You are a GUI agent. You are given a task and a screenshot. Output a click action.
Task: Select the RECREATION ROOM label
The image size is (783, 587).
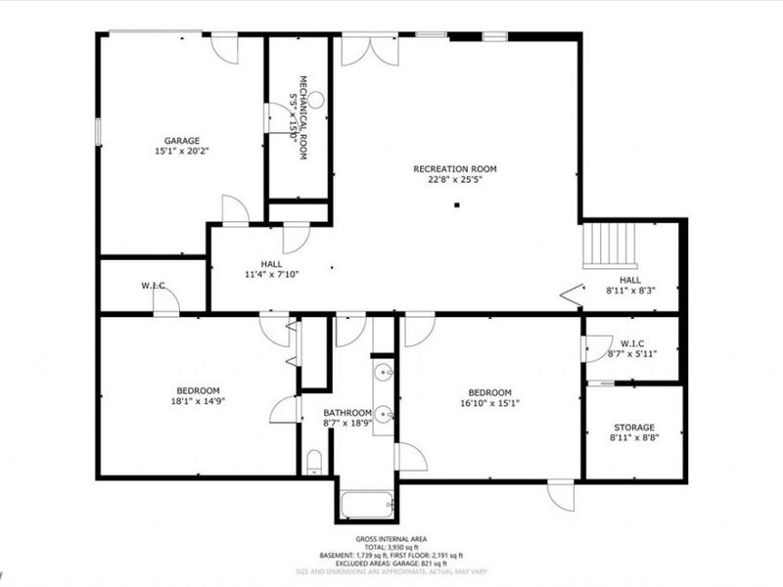pyautogui.click(x=454, y=167)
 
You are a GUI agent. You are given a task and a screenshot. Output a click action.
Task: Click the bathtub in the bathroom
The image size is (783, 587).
pyautogui.click(x=367, y=506)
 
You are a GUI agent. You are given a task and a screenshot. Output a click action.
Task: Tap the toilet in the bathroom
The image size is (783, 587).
pyautogui.click(x=313, y=461)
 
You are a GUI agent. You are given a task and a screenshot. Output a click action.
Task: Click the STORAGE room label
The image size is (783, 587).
pyautogui.click(x=634, y=427)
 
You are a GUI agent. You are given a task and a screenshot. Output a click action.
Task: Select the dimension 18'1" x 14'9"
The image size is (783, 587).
pyautogui.click(x=192, y=401)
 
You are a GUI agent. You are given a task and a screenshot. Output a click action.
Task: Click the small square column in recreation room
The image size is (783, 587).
pyautogui.click(x=456, y=205)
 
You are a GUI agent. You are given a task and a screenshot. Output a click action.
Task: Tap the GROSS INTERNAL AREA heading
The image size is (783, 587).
pyautogui.click(x=391, y=539)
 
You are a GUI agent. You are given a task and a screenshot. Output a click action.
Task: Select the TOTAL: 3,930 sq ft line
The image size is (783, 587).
pyautogui.click(x=391, y=547)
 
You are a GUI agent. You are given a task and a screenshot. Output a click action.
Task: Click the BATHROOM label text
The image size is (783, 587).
pyautogui.click(x=347, y=413)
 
